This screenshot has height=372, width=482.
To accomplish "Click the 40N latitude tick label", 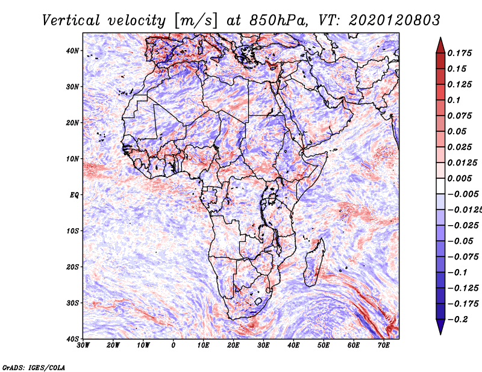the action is [72, 51].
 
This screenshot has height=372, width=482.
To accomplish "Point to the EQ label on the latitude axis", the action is [74, 195].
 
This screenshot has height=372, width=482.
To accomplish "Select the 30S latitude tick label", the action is [72, 303].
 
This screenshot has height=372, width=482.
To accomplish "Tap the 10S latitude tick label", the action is [72, 231].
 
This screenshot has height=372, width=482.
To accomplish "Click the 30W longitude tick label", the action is [83, 346].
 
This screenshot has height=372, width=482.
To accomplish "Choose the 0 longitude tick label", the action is [174, 346].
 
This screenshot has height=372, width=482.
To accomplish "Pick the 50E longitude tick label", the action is [324, 346].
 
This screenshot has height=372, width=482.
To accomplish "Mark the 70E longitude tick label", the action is [384, 346].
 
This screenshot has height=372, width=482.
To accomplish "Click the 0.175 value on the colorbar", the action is [459, 53].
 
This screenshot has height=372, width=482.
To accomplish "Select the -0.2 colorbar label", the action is [457, 319].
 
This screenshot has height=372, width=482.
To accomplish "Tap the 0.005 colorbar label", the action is [459, 178].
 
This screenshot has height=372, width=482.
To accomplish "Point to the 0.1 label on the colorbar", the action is [454, 100].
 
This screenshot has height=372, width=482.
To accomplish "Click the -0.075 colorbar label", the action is [463, 256].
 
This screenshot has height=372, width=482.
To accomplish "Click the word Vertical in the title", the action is [71, 20].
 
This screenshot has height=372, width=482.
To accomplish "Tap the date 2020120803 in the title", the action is [395, 20].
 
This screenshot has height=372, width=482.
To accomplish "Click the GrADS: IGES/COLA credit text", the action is [34, 367].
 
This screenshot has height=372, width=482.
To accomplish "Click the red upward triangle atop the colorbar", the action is [440, 46].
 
